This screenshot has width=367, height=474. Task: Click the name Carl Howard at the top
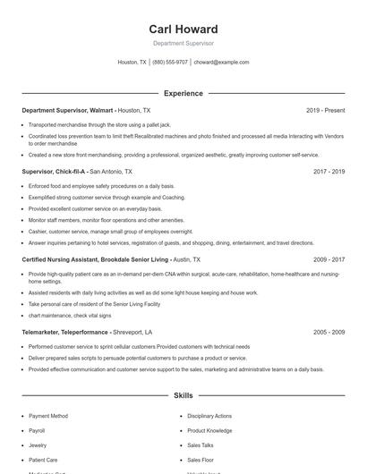pos(183,30)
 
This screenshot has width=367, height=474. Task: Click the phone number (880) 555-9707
pos(170,63)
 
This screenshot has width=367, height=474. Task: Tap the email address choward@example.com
pos(221,63)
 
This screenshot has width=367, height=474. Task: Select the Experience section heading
pos(183,93)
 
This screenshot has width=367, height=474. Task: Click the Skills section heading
pos(183,394)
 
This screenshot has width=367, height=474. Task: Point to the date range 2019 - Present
pos(325,110)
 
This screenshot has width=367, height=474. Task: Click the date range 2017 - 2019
pos(329,171)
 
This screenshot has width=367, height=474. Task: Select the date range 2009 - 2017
pos(329,259)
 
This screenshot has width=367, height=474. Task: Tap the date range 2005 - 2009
pos(329,332)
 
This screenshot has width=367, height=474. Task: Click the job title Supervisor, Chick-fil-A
pos(53,171)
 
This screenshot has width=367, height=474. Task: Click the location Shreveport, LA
pos(145,332)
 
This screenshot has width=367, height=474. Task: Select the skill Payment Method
pos(48,416)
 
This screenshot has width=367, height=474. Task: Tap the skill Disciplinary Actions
pos(209,416)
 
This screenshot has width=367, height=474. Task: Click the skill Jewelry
pos(38,444)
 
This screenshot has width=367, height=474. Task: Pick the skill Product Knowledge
pos(209,430)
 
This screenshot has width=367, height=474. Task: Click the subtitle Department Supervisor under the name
pos(183,44)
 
